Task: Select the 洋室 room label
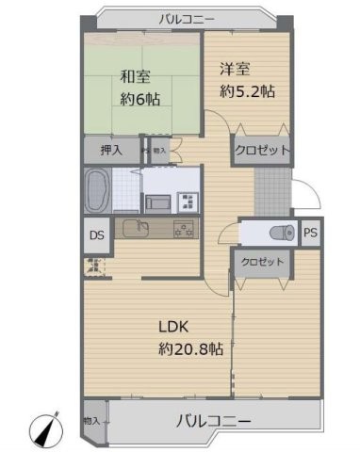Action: point(236,70)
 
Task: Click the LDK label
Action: point(175,328)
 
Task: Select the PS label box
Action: point(309,232)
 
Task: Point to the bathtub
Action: point(98,191)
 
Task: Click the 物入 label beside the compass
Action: point(91,420)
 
